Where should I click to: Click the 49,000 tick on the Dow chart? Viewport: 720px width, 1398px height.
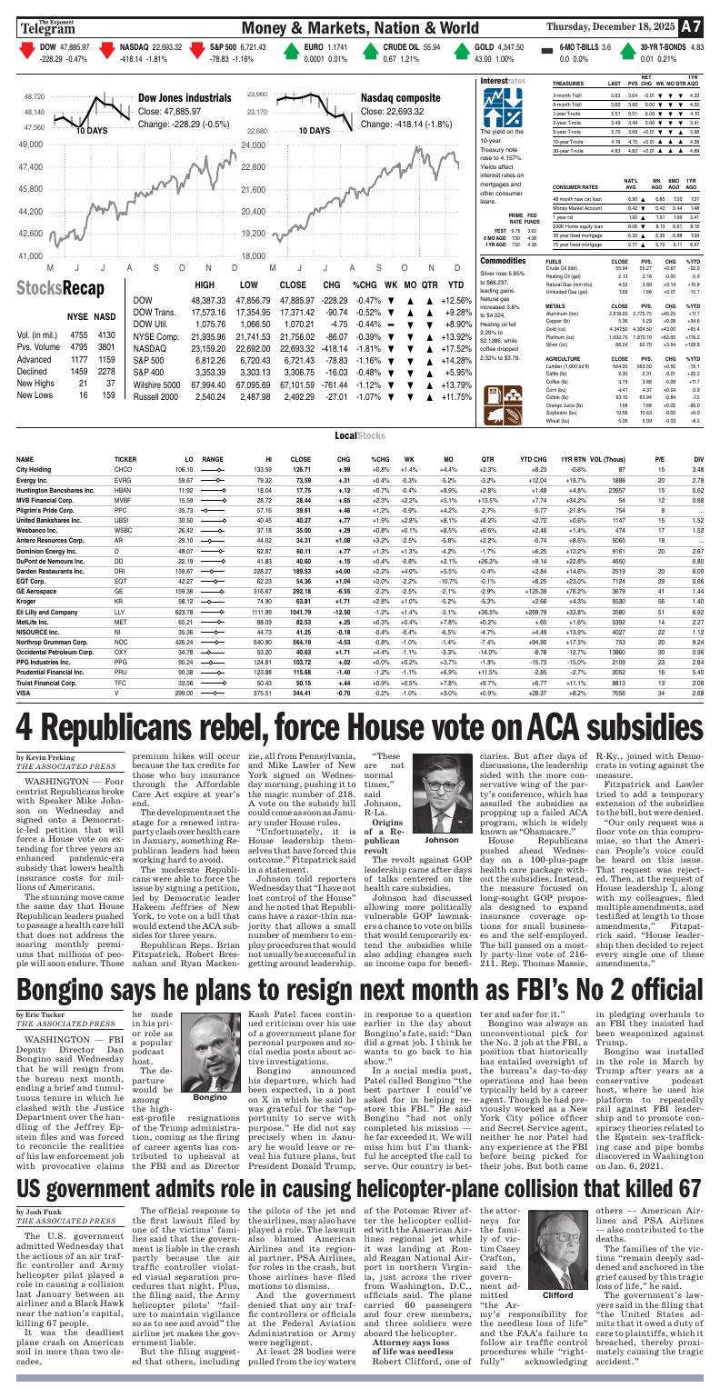(x=31, y=145)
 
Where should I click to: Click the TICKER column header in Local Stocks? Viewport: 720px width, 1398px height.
(x=125, y=459)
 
